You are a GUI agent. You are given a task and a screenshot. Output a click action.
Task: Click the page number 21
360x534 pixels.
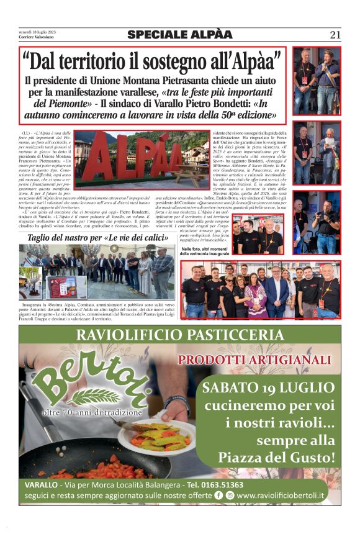point(335,35)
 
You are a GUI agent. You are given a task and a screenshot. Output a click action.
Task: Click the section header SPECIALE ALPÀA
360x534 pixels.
point(180,35)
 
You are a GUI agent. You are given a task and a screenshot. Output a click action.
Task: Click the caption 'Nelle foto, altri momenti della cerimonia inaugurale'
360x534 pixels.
point(205,251)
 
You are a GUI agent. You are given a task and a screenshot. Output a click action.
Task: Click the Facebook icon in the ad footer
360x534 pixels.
point(218,496)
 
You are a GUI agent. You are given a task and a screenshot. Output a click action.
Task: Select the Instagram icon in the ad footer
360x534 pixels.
point(230,496)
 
